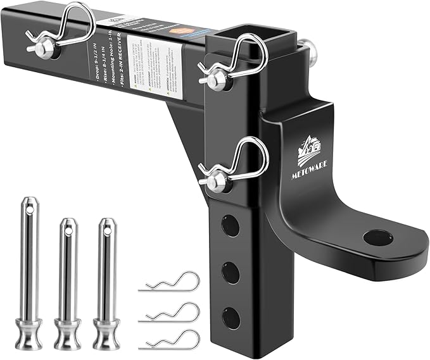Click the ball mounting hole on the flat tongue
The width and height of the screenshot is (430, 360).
point(379,237)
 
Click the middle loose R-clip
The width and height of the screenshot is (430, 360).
point(170,312)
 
